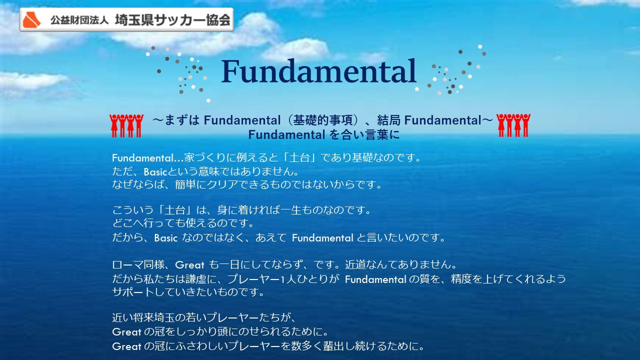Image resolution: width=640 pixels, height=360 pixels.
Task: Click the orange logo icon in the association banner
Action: click(32, 20)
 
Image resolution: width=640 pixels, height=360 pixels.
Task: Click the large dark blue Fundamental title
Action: click(319, 71)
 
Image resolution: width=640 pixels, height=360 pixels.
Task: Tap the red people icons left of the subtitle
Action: click(126, 125)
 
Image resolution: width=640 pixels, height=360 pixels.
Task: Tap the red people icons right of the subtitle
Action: click(513, 125)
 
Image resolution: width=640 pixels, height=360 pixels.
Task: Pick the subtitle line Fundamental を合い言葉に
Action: click(323, 135)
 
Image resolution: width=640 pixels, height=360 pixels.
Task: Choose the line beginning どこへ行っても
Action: click(183, 223)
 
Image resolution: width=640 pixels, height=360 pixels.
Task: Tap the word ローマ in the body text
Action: click(127, 264)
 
